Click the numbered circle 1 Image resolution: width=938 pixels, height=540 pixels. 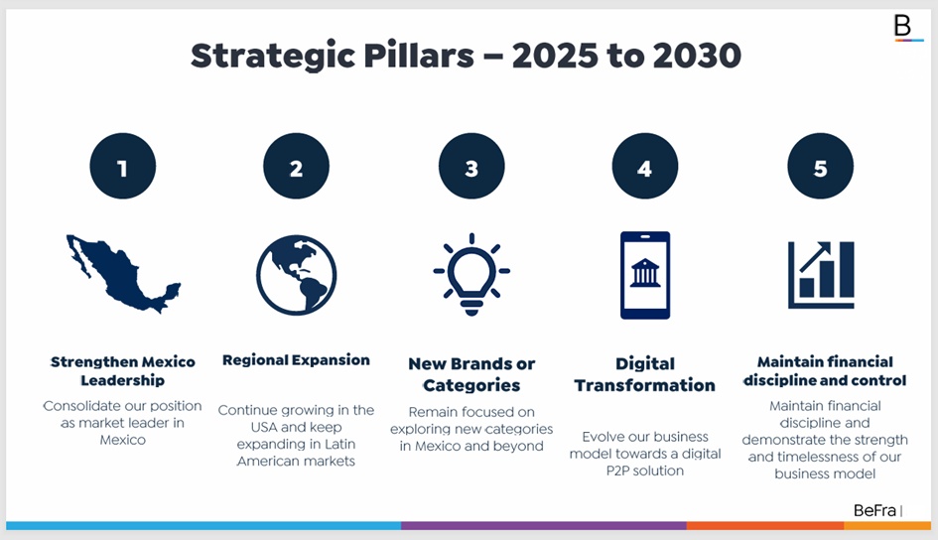[123, 166]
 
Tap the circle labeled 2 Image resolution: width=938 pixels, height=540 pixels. [296, 166]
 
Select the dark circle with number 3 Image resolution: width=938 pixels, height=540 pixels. [471, 166]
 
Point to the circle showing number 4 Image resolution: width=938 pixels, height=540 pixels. [645, 166]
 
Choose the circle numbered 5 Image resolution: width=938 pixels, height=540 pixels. [820, 166]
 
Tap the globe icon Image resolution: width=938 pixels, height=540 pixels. [296, 275]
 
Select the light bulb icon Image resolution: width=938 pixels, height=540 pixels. [471, 275]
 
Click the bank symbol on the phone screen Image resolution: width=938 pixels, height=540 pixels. [645, 273]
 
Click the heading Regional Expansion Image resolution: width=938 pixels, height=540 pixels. [296, 360]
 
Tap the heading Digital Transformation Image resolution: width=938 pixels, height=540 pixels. [645, 374]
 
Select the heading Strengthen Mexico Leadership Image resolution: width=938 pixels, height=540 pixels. [123, 371]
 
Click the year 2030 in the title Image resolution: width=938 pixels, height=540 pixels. [697, 56]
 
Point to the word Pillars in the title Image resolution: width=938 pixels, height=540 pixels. [419, 56]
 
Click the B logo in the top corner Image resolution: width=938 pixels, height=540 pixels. [903, 27]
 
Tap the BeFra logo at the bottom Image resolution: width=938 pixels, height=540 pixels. [874, 510]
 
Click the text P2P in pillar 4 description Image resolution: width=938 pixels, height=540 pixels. [618, 471]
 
